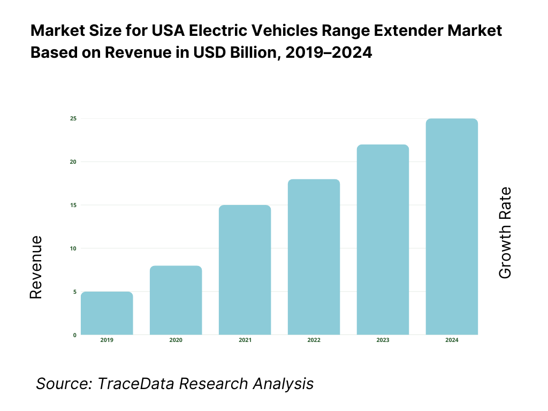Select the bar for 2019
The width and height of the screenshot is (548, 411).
[x=107, y=314]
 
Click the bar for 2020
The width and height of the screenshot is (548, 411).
[x=176, y=301]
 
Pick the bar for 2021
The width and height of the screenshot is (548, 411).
[x=245, y=270]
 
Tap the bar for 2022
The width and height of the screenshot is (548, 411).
[x=314, y=257]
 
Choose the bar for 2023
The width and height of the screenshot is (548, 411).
[x=383, y=240]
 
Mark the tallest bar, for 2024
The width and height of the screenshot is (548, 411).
[x=452, y=227]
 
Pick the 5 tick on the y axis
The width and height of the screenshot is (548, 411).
[x=74, y=292]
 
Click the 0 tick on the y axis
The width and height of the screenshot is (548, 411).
[x=74, y=335]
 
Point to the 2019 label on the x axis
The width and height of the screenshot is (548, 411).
[x=107, y=340]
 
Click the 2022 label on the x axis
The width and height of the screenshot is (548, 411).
[x=314, y=340]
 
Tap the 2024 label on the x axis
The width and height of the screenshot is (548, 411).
[x=452, y=340]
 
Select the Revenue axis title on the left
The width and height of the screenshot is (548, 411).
[x=35, y=267]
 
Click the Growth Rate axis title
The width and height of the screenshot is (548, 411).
[x=505, y=233]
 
